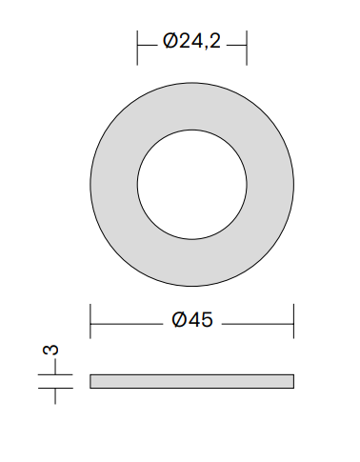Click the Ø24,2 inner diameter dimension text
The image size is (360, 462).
pos(191,42)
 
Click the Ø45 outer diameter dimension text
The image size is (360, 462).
pos(191,320)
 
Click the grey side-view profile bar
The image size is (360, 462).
pos(191,382)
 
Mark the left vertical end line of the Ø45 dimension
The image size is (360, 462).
pos(90,321)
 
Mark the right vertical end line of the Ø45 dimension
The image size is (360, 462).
pos(293,321)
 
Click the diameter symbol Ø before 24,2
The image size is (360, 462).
pos(169,42)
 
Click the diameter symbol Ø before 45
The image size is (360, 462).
pos(179,320)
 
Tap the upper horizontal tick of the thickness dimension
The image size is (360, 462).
pos(55,375)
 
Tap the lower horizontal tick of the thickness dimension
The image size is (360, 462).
pos(55,389)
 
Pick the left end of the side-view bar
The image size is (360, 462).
pos(91,382)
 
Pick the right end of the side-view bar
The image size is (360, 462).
pos(292,382)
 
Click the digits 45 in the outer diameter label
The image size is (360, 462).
pos(199,320)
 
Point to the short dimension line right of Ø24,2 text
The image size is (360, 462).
pos(237,43)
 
